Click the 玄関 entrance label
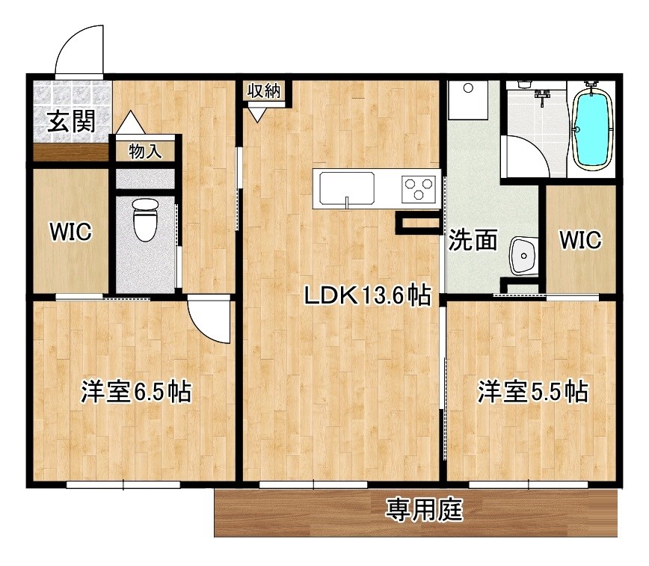(72, 121)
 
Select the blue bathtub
(592, 128)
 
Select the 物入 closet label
(145, 152)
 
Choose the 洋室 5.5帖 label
(532, 391)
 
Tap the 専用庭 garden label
(424, 511)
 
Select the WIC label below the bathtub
(580, 240)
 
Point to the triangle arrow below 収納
(258, 114)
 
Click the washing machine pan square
(468, 100)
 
